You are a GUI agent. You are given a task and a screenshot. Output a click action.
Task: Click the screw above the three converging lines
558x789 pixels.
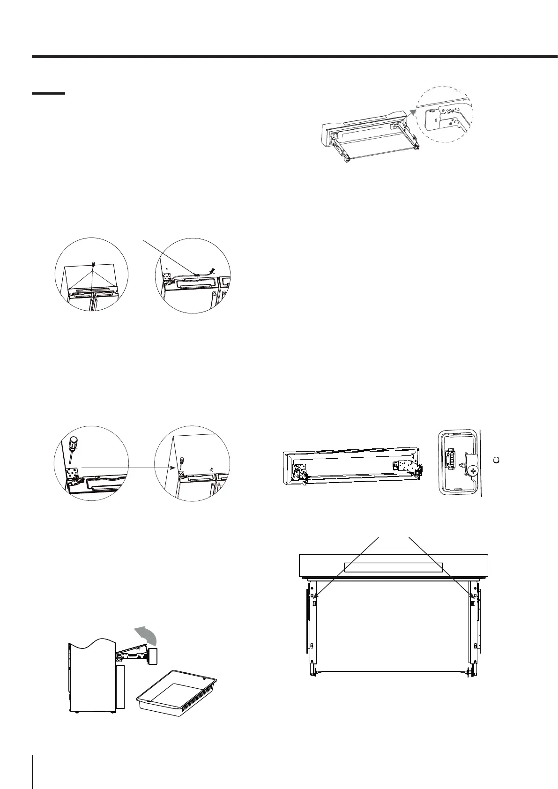[93, 265]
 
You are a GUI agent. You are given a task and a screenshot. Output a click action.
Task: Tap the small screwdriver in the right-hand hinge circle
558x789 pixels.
[181, 461]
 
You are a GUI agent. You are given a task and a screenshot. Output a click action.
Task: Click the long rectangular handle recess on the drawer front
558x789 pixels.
[393, 567]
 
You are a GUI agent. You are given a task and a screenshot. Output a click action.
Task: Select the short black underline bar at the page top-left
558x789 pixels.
[48, 94]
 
